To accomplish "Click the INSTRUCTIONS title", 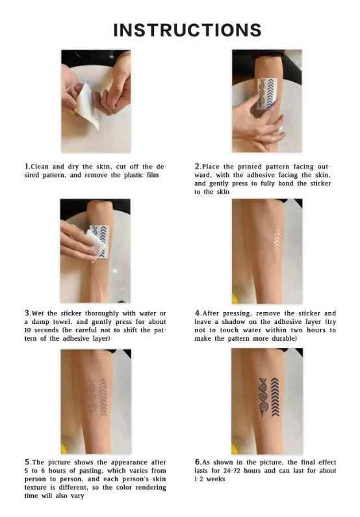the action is pos(187,30).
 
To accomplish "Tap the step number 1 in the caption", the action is pos(27,166).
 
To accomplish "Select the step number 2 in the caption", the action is pos(198,166).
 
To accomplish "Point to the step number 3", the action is pos(27,313).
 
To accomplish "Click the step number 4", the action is pos(198,313).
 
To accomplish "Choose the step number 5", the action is pos(27,462).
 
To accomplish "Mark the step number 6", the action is pos(198,462).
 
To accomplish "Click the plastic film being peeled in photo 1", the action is pos(87,105).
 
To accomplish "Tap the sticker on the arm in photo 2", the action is pos(267,94).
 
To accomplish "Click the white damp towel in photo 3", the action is pos(95,243).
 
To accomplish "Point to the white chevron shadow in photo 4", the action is pos(277,245).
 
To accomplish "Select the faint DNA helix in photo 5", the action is pos(92,396).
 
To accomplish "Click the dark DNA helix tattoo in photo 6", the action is pos(263,397).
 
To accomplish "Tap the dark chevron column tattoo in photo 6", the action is pos(275,397).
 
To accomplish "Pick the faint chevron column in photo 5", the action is pos(103,397).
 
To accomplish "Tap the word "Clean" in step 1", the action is pos(40,166).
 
